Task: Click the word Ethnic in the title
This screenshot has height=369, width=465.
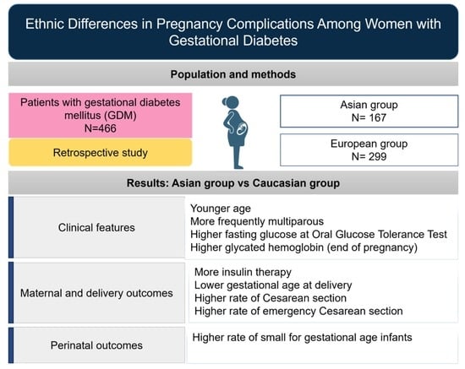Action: pos(45,24)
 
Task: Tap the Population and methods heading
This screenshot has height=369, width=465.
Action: pos(233,74)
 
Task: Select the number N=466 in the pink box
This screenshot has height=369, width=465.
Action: pos(101,128)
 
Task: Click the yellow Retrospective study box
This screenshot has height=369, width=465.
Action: pos(101,153)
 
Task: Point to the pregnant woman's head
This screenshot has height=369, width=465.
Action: pos(232,103)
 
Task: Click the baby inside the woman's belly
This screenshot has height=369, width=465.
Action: pos(242,129)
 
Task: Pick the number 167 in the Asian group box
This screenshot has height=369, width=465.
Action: pos(378,117)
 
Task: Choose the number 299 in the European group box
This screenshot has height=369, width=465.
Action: pos(378,156)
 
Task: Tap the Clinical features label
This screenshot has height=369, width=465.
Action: pos(96,227)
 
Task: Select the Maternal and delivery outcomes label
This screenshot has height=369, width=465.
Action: pos(96,293)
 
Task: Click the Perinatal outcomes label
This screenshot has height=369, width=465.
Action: pos(96,345)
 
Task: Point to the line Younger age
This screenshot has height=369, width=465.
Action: pos(221,209)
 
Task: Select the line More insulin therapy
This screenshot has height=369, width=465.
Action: pos(243,272)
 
